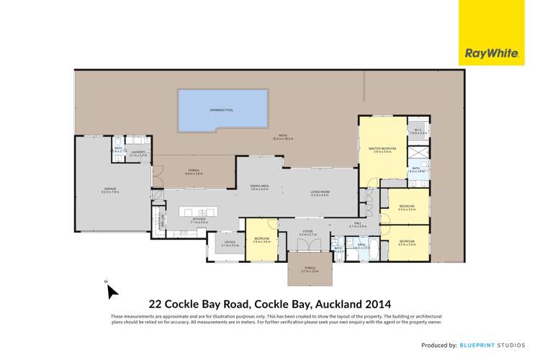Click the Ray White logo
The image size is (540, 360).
pyautogui.click(x=482, y=53)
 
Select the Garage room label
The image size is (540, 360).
pyautogui.click(x=109, y=189)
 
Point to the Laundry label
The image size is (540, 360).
pyautogui.click(x=138, y=153)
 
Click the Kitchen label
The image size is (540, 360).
pyautogui.click(x=199, y=222)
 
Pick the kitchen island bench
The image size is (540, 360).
pyautogui.click(x=198, y=212)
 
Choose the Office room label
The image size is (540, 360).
pyautogui.click(x=230, y=243)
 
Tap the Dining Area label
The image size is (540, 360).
pyautogui.click(x=260, y=186)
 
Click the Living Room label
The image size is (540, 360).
pyautogui.click(x=320, y=192)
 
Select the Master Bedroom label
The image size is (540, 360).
pyautogui.click(x=382, y=148)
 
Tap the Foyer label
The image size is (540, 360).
pyautogui.click(x=308, y=233)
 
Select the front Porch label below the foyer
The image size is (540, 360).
pyautogui.click(x=310, y=269)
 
